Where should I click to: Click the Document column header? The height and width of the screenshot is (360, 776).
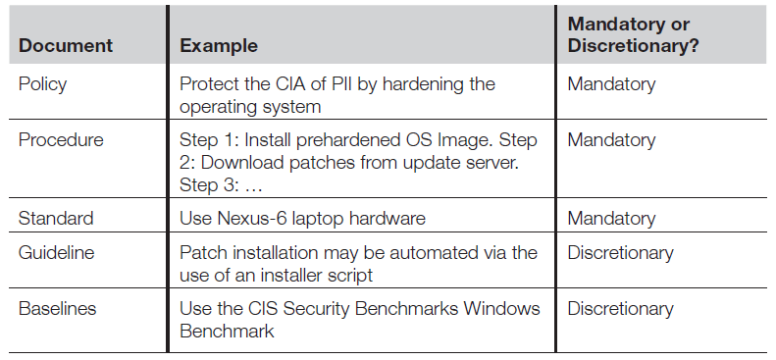click(x=66, y=45)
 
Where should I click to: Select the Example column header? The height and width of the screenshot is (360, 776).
click(x=218, y=45)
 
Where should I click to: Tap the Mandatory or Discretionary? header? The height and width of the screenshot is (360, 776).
click(x=633, y=34)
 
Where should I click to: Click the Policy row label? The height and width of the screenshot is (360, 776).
click(x=42, y=84)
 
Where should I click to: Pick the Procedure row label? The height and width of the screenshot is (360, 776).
click(x=61, y=140)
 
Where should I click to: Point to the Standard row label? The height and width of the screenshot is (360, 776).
click(x=56, y=218)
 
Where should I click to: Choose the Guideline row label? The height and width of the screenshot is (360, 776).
click(x=56, y=253)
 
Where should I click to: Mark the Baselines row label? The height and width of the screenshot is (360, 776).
click(x=57, y=309)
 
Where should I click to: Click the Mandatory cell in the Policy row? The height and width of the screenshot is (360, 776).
click(x=611, y=84)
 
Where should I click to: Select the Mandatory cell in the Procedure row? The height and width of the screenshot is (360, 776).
click(x=611, y=140)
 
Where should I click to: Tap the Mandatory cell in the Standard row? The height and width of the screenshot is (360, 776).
click(x=611, y=219)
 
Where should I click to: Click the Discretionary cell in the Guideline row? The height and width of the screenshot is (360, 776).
click(x=620, y=253)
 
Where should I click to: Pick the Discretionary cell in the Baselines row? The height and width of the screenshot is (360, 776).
click(x=620, y=309)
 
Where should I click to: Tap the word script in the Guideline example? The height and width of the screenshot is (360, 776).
click(x=350, y=275)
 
